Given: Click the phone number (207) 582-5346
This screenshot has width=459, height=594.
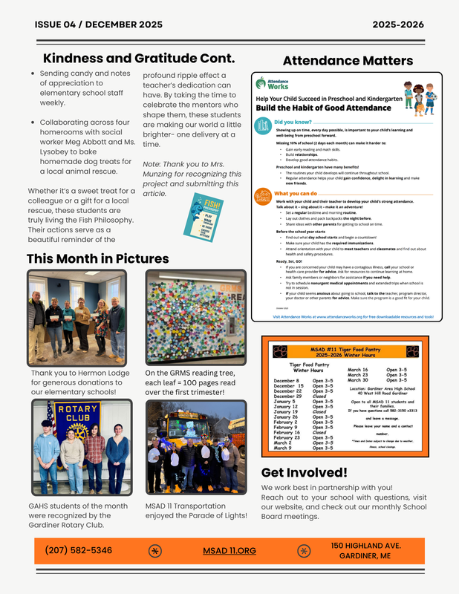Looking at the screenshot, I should tap(79, 550).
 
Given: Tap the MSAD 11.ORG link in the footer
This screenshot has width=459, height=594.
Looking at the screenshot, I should tap(229, 551).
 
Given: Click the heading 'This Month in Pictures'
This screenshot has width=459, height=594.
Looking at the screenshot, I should tap(97, 259).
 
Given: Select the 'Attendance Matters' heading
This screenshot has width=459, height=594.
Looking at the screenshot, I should tap(348, 61).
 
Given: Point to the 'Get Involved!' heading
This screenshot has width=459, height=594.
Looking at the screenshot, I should tap(304, 472).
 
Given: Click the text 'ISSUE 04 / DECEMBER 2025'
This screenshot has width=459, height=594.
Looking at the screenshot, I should tap(98, 25).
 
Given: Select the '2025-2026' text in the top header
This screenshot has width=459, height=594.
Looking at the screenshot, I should tap(398, 25).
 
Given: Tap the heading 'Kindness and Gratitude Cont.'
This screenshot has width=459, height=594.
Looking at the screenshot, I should tap(139, 58).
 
